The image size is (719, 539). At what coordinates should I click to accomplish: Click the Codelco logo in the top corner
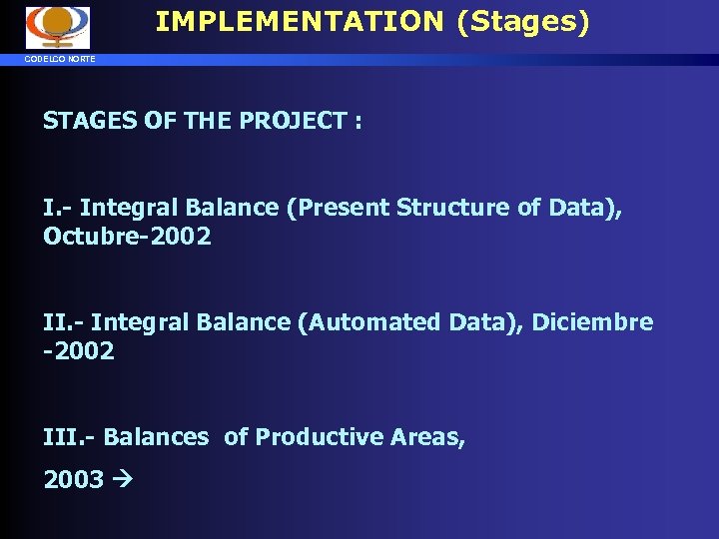click(57, 28)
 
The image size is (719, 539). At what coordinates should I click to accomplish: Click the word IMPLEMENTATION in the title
click(299, 21)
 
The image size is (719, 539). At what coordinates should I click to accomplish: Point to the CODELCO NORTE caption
click(61, 60)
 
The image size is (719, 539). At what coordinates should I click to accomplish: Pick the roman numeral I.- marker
click(57, 208)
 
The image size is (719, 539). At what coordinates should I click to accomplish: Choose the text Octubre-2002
click(127, 237)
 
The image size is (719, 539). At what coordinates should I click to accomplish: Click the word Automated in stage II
click(362, 322)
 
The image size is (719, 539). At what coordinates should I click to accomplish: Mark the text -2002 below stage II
click(79, 351)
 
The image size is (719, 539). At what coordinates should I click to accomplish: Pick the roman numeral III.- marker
click(69, 437)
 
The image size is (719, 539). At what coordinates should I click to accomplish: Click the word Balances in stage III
click(157, 437)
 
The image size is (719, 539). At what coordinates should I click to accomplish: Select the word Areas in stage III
click(428, 437)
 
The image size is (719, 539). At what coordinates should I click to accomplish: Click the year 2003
click(73, 480)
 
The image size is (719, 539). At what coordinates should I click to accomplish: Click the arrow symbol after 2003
click(121, 480)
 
